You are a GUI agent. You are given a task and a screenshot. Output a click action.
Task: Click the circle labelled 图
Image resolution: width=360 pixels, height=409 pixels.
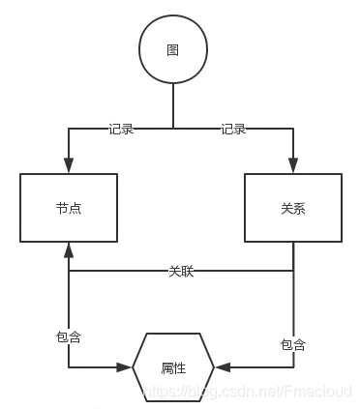172,50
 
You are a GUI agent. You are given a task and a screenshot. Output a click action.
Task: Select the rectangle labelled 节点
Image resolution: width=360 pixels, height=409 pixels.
69,208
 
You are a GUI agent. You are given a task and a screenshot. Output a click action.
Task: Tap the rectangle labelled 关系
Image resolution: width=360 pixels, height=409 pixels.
292,208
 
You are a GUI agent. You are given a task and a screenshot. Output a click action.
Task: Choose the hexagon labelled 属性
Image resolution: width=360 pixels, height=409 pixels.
173,367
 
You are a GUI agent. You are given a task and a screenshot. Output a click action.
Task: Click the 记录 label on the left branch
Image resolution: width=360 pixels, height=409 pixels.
121,129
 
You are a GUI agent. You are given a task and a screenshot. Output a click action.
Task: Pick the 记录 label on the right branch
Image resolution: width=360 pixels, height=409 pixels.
233,129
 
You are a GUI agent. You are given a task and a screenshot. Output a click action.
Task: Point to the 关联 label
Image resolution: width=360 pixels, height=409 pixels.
181,272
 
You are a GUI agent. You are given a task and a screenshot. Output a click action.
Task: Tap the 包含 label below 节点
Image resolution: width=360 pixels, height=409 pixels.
69,336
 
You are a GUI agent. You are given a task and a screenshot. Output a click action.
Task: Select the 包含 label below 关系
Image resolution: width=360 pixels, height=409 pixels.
292,344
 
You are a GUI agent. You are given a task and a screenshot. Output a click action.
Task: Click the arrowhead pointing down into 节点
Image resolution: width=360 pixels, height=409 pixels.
69,166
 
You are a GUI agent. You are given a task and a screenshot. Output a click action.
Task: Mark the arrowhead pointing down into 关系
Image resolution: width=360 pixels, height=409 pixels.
292,166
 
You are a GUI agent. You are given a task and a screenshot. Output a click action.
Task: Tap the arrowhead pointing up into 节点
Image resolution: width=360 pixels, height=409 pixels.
69,249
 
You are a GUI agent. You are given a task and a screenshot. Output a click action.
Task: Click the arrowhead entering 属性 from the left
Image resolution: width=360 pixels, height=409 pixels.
124,367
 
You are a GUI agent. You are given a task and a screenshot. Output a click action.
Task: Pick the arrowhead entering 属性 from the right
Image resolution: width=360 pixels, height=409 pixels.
223,367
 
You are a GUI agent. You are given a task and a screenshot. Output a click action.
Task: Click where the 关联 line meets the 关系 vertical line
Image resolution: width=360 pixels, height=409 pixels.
292,272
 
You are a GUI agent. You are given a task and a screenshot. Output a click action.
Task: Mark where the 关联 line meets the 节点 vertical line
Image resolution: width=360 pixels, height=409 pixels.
69,272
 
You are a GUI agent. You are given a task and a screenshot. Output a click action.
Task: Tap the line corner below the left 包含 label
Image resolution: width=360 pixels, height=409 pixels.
69,367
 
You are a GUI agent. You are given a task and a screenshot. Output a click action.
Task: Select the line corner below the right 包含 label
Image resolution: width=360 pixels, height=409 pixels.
292,367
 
